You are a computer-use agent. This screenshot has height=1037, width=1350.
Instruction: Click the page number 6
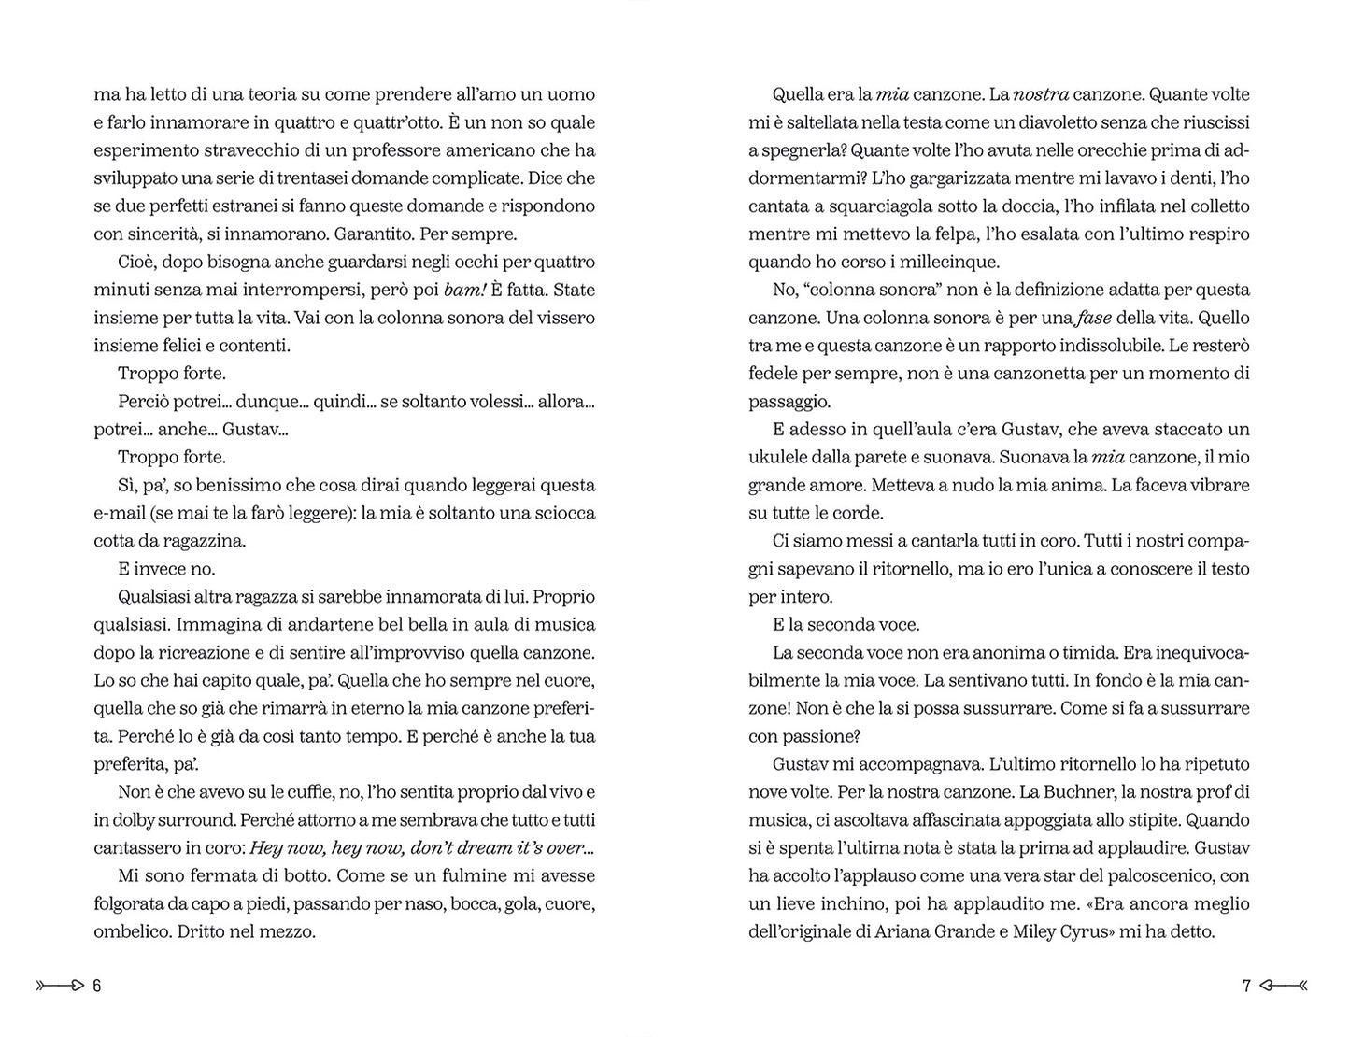[x=96, y=986]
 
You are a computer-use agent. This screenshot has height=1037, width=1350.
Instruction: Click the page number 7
[x=1245, y=986]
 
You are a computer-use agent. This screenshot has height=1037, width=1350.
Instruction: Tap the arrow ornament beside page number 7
[x=1283, y=986]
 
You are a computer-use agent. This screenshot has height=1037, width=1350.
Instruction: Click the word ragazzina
[x=202, y=541]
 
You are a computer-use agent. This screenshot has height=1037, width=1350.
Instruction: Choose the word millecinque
[x=951, y=262]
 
